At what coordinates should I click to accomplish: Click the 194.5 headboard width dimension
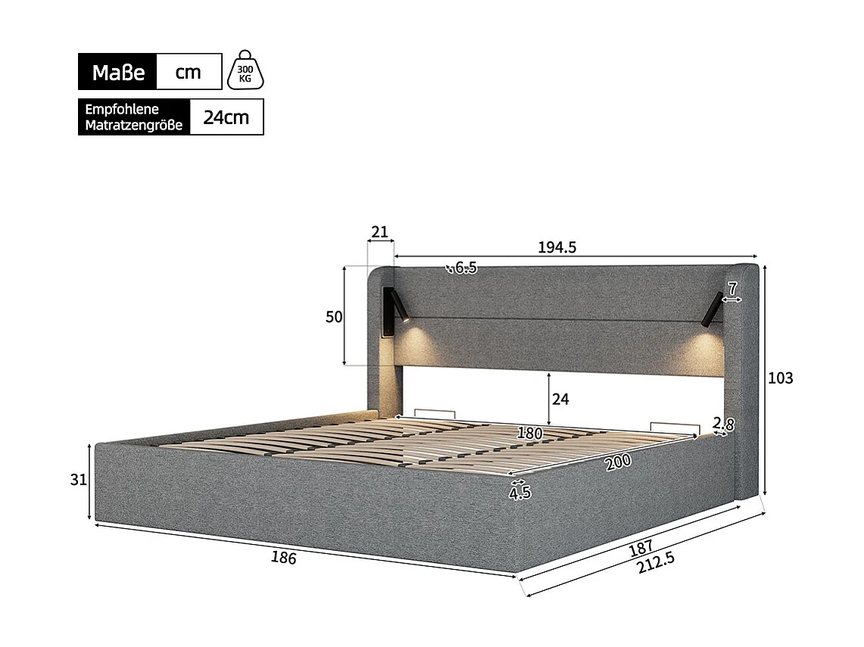pyautogui.click(x=557, y=247)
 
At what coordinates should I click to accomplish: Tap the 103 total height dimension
pyautogui.click(x=780, y=378)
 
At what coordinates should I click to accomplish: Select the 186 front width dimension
pyautogui.click(x=283, y=558)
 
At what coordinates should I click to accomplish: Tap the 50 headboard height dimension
pyautogui.click(x=334, y=317)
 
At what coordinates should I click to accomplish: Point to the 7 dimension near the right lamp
pyautogui.click(x=732, y=288)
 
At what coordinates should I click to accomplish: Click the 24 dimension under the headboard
pyautogui.click(x=560, y=399)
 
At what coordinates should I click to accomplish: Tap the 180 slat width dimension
pyautogui.click(x=529, y=434)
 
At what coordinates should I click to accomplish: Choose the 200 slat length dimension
pyautogui.click(x=619, y=463)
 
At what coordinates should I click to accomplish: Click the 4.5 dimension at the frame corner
pyautogui.click(x=519, y=493)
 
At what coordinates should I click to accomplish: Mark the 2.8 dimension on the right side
pyautogui.click(x=723, y=425)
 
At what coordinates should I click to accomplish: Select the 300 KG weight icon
pyautogui.click(x=245, y=71)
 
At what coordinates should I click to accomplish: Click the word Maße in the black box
pyautogui.click(x=118, y=73)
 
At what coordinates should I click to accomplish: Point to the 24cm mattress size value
pyautogui.click(x=226, y=117)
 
